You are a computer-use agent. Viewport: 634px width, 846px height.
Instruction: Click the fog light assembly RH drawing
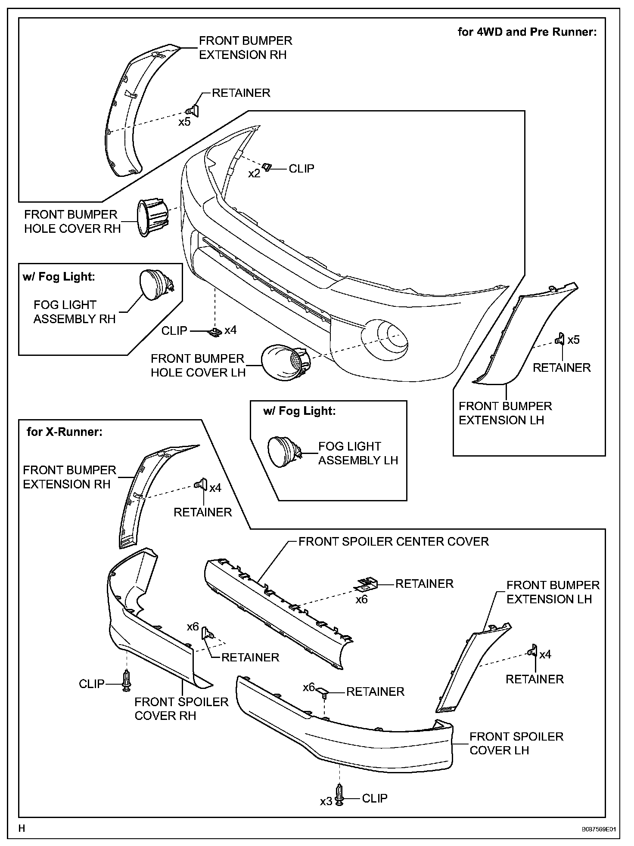coord(155,284)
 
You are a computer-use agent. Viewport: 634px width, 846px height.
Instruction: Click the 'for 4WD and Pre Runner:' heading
coord(527,32)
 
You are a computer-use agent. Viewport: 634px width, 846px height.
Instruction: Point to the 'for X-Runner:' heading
coord(65,432)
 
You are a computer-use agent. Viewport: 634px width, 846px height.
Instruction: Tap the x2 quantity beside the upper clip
coord(255,173)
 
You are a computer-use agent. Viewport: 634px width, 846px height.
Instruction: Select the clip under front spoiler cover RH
coord(126,681)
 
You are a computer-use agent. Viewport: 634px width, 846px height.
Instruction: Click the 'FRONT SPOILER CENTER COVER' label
coord(394,541)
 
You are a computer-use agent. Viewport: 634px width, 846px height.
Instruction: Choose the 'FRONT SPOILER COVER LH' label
coord(516,743)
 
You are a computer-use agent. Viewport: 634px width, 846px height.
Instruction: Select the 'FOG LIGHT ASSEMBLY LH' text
coord(358,453)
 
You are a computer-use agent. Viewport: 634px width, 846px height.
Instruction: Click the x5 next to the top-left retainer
coord(184,122)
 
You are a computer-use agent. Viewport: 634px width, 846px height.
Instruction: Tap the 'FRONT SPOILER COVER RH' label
coord(181,709)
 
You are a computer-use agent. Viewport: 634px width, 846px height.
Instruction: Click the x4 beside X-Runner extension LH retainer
coord(545,655)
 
